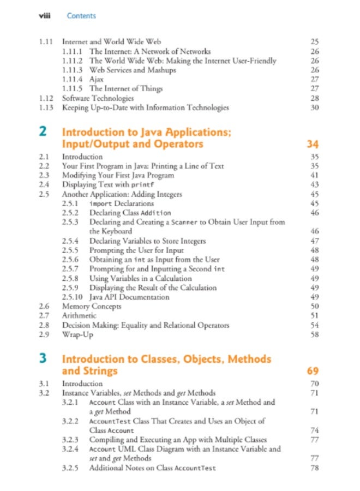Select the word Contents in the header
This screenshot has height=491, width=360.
tap(81, 16)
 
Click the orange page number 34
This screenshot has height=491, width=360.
tap(313, 145)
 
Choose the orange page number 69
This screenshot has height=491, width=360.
tap(313, 372)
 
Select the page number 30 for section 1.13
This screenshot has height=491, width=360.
tap(314, 107)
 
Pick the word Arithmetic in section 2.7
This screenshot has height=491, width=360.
tap(79, 316)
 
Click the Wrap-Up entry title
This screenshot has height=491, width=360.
tap(77, 334)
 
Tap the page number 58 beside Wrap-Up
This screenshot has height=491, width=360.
tap(314, 334)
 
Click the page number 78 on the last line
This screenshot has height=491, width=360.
tap(314, 468)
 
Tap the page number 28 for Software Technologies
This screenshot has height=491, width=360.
tap(314, 98)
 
